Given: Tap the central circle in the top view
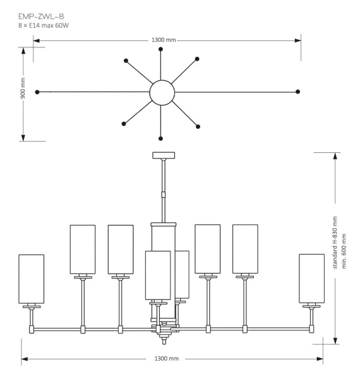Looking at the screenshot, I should tap(162, 92).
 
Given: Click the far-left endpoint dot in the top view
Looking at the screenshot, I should tap(38, 92).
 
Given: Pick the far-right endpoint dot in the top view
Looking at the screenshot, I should tap(297, 92).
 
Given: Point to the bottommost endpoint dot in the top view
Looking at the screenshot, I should tap(162, 138).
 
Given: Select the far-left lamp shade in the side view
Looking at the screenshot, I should tap(32, 279).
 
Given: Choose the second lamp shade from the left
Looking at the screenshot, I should tap(83, 249).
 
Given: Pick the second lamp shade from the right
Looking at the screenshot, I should tap(245, 249).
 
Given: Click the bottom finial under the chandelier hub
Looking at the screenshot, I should tap(164, 340).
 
